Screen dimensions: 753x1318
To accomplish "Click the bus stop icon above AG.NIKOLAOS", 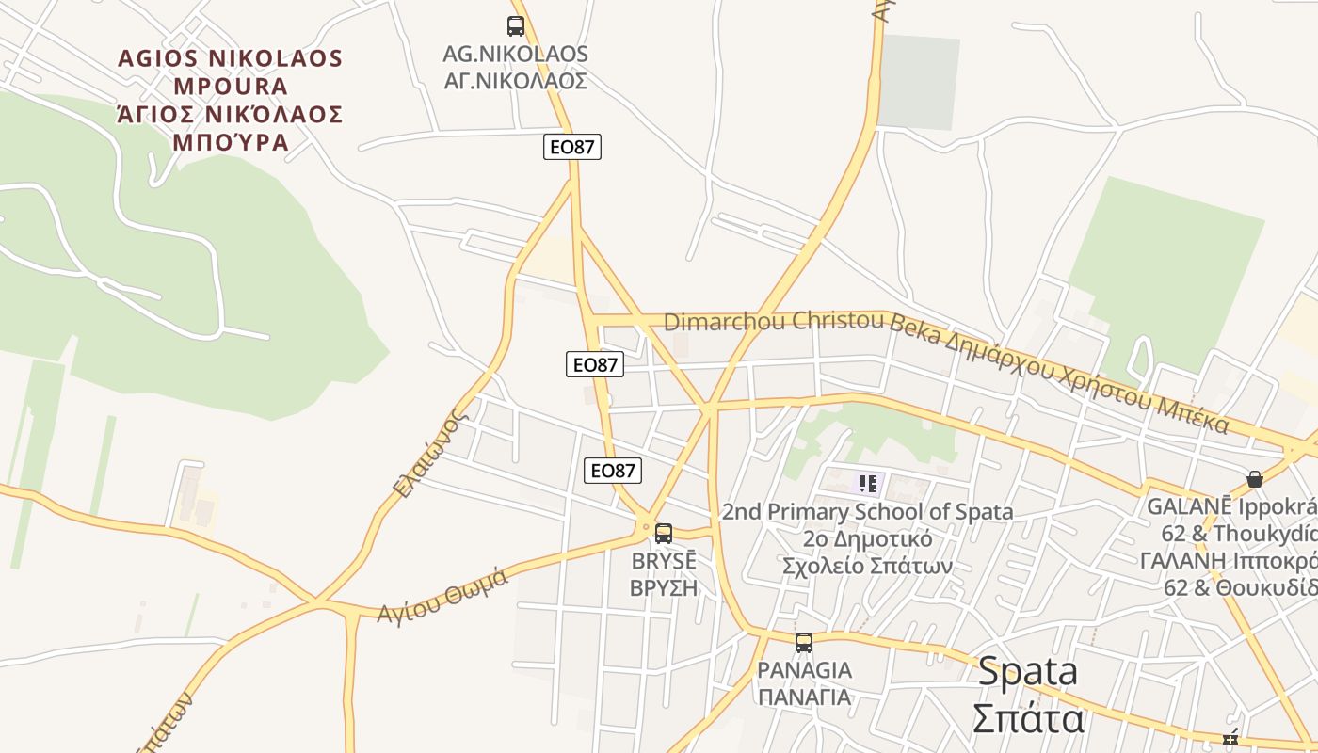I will click(515, 26).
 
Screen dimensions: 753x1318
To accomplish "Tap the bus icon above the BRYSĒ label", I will click(664, 534).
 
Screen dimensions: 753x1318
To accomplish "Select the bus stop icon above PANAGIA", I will click(803, 643).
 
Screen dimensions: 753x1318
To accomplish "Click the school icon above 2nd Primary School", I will click(867, 485).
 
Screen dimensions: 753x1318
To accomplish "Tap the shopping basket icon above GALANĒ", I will click(1254, 479).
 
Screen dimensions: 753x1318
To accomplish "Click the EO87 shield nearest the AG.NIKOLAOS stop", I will click(572, 147).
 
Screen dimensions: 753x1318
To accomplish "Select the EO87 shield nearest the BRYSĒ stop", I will click(612, 471).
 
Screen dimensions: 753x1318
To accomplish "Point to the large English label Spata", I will click(1027, 672).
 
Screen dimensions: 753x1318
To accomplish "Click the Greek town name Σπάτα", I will click(1027, 719).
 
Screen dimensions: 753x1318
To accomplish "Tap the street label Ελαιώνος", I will click(430, 453).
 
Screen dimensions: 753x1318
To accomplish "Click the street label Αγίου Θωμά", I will click(442, 595).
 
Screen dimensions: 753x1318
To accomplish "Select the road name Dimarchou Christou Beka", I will click(775, 322).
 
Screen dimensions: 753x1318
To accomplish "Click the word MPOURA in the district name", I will click(230, 87).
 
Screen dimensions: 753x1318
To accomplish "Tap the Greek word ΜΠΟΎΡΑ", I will click(230, 143).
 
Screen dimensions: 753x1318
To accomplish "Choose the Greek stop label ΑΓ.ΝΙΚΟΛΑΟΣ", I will click(516, 81).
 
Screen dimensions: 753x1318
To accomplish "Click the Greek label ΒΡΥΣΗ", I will click(664, 588).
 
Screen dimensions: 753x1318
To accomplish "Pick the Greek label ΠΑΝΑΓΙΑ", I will click(805, 697).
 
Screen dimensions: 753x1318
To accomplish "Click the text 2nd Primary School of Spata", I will click(867, 512).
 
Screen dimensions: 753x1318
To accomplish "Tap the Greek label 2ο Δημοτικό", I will click(867, 539).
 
